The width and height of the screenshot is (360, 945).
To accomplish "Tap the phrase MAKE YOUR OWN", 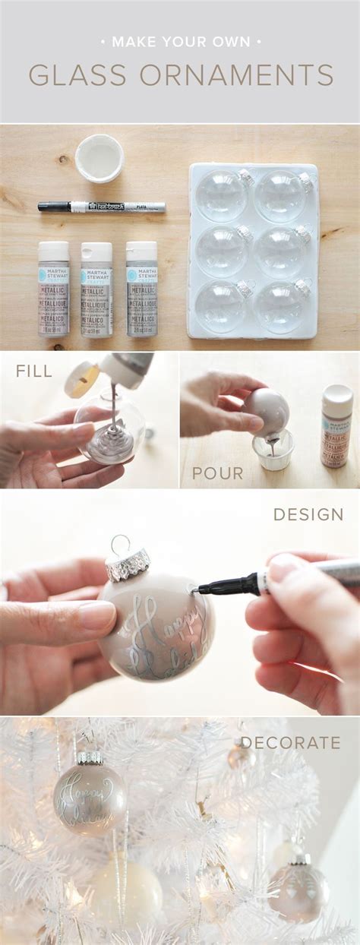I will point(179,42).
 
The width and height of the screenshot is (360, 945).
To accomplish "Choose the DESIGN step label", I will point(308,514).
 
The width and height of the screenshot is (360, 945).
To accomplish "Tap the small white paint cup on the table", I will point(99,158).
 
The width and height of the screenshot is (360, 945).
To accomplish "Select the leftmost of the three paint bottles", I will point(53,289).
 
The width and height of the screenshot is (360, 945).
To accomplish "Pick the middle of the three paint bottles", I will point(96,289).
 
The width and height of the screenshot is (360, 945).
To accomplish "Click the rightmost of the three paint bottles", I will point(141,289).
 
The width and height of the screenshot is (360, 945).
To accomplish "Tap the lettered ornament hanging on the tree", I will point(89,798).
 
